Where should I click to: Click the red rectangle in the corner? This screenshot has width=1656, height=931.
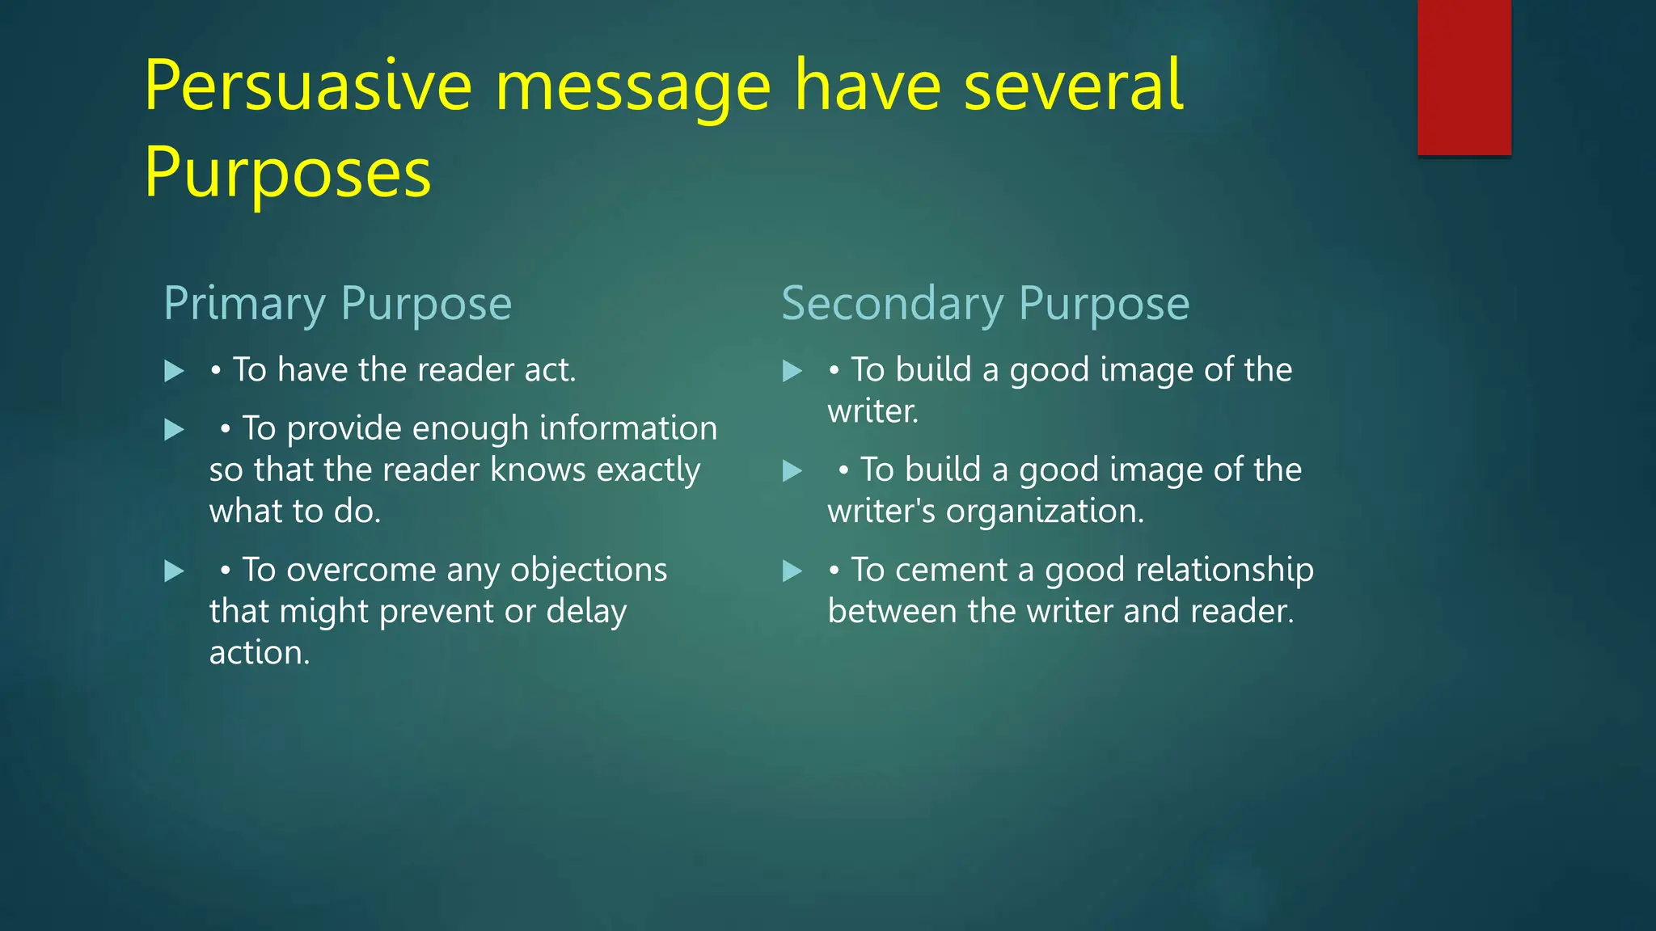coord(1464,78)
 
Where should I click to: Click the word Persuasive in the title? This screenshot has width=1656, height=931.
coord(308,86)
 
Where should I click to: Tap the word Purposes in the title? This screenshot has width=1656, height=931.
coord(288,173)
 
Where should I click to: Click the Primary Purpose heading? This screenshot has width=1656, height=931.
coord(337,304)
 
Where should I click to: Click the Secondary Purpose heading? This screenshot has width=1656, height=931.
coord(985,304)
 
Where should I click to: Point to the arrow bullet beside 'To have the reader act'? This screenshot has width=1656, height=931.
coord(174,371)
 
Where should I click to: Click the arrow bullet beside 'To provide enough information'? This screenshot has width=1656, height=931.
coord(174,429)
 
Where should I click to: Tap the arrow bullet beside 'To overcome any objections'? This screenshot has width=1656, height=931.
coord(174,571)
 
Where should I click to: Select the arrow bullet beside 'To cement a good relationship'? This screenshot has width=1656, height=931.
coord(792,571)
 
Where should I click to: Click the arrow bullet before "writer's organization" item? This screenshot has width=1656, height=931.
coord(792,471)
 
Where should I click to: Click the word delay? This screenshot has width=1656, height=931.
coord(586,612)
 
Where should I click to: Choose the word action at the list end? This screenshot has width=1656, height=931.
coord(259,653)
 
